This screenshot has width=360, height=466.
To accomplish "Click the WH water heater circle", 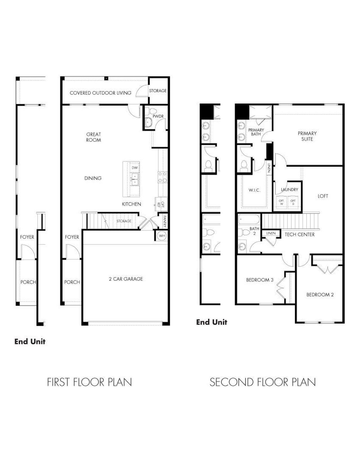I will coord(162,236).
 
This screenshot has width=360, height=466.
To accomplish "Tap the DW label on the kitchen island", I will coord(135,168).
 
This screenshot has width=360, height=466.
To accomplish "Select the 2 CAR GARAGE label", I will coord(126,279).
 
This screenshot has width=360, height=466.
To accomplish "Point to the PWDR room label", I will coord(158,116).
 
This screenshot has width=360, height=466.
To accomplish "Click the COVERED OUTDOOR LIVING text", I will coord(100,93).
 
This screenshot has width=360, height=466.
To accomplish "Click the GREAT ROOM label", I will coord(93,137).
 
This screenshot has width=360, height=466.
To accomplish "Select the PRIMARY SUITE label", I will coord(307,136).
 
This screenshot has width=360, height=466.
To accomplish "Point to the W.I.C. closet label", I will coord(254,190).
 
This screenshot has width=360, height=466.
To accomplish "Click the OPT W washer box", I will coord(281,202).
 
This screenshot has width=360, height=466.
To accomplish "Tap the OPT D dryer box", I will coord(293,202).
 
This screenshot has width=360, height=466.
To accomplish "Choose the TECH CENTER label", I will coord(300,234).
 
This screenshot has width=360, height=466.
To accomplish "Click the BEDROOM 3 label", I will coord(260,280).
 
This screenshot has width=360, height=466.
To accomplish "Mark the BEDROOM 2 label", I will coord(320,295).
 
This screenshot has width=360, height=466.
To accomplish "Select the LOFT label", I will coord(323,196).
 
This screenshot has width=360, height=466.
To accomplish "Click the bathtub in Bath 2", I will coord(249,219).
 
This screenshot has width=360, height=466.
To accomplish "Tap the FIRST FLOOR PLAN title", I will coord(89,382).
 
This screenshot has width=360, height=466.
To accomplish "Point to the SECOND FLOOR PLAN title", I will coord(263,382).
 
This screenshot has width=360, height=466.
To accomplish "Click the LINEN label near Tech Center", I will coord(271,233).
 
